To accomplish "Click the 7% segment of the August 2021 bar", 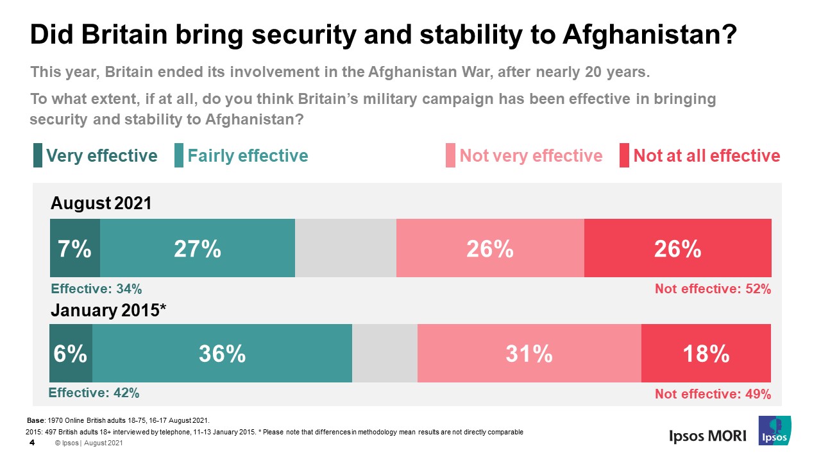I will [75, 248].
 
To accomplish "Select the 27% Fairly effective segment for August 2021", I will [198, 248].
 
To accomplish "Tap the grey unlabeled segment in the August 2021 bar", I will [346, 248].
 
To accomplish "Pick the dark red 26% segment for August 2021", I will [677, 248].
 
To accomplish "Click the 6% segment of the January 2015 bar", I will [71, 353].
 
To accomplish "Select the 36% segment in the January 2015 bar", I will [223, 353].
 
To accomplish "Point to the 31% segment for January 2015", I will [529, 353].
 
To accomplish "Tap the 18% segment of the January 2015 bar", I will [706, 353].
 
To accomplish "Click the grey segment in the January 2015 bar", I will [385, 353].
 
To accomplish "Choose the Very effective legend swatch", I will [38, 156].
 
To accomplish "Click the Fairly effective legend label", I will [248, 156].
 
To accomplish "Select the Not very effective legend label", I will [531, 156].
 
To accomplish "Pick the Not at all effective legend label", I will [706, 156].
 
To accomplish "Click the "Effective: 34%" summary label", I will [96, 289].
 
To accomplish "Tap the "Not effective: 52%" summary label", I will [713, 289].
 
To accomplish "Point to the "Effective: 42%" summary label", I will [94, 393].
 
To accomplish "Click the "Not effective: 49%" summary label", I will [713, 394].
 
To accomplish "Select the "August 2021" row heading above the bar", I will [101, 203].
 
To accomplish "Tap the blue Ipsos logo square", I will [774, 431].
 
